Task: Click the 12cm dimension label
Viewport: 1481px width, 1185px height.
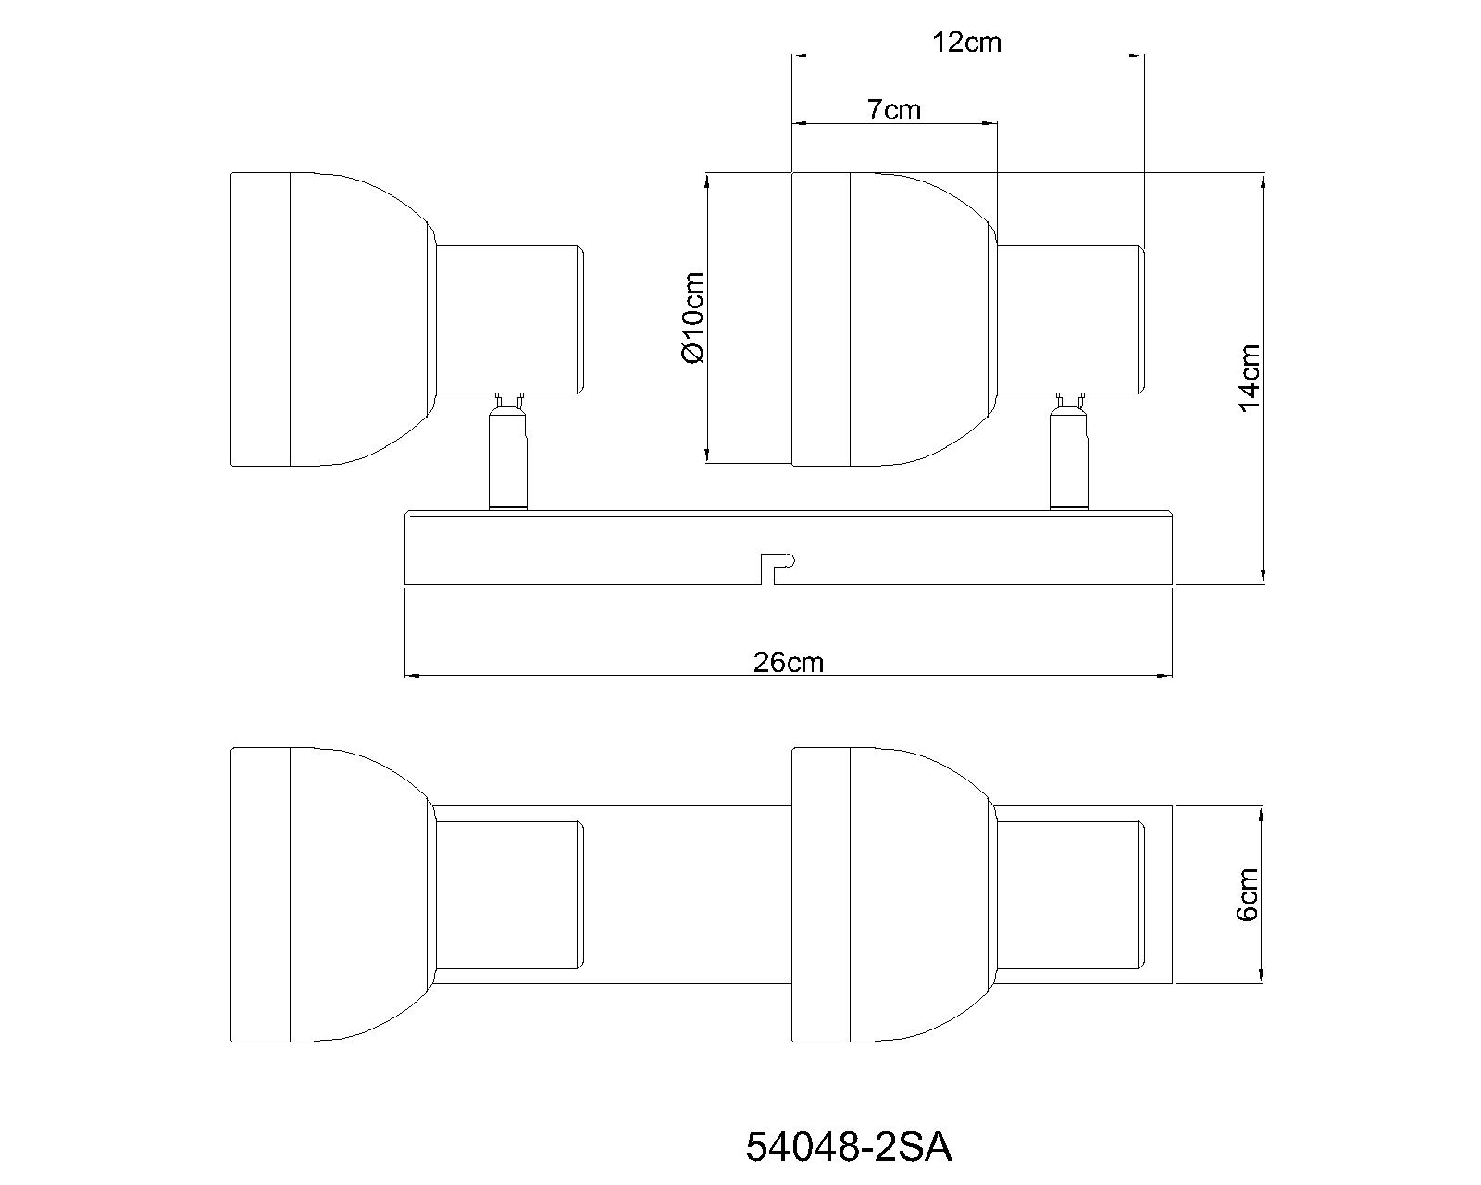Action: pos(966,43)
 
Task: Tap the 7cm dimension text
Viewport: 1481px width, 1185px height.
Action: pos(893,109)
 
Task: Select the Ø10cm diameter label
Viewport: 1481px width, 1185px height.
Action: pos(692,318)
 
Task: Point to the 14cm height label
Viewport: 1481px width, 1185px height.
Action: pos(1249,378)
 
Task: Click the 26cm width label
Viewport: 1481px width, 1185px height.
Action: pos(788,662)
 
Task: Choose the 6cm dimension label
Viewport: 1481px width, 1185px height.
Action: pos(1247,894)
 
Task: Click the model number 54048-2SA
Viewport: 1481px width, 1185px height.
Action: pos(849,1148)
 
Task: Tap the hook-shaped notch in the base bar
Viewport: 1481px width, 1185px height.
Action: pos(778,568)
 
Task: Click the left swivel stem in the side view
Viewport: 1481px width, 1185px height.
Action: pos(508,452)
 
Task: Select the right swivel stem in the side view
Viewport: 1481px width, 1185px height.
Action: pos(1069,452)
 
